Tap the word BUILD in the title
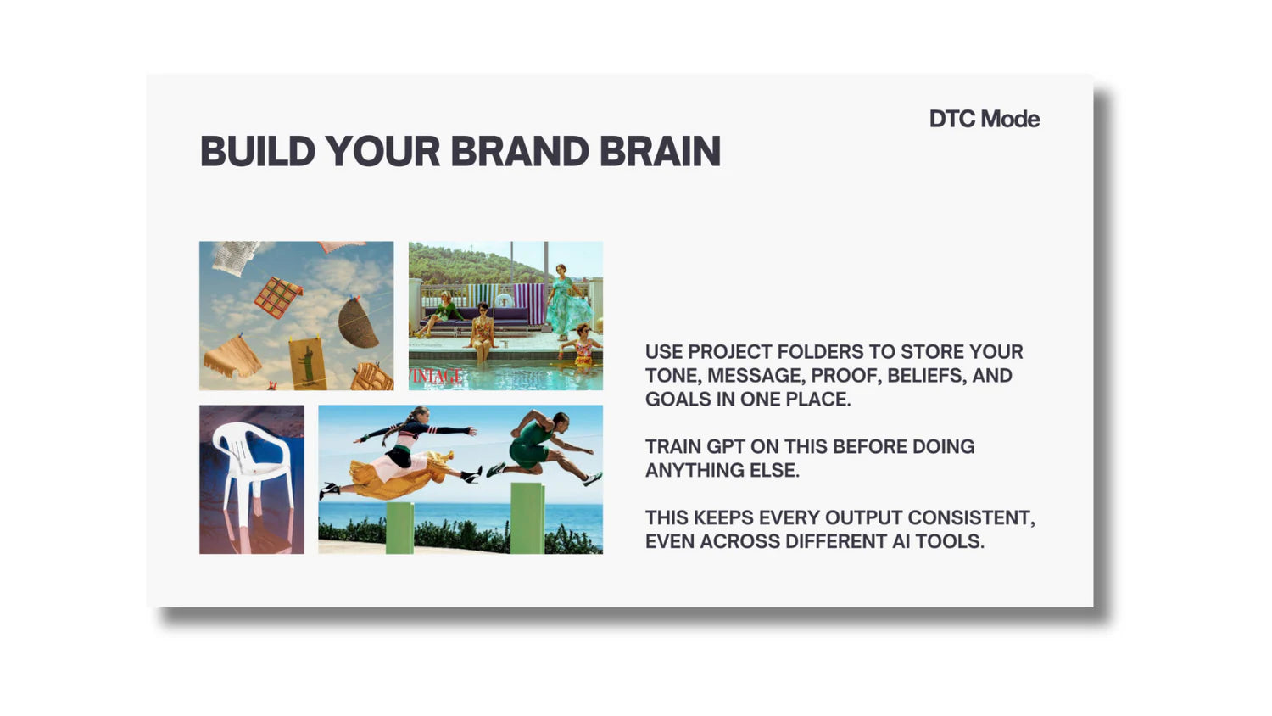258,151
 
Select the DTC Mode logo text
985,119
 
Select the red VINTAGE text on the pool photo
436,376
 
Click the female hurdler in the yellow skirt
400,452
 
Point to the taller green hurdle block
527,518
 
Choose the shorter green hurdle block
399,528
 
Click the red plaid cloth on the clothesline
277,297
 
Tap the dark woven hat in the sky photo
358,322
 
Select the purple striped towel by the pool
528,304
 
